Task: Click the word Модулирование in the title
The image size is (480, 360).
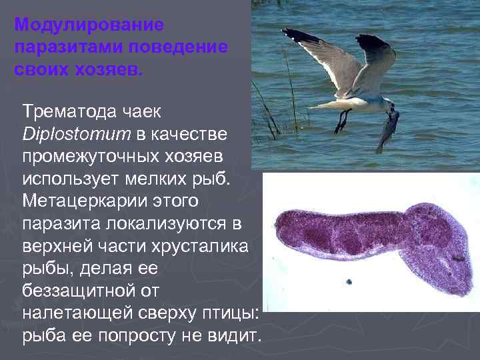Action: [89, 26]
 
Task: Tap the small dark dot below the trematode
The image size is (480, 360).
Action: [348, 281]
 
